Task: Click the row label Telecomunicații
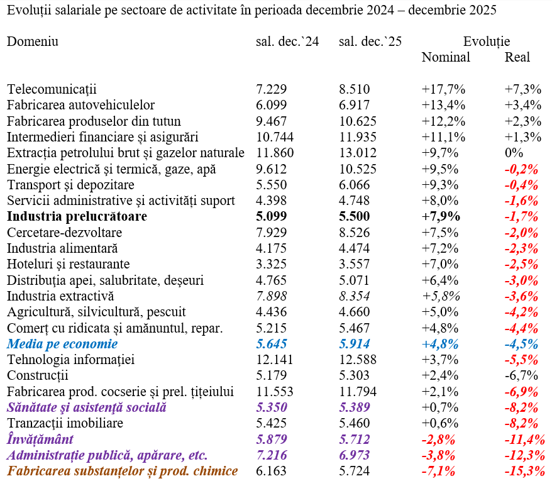[52, 89]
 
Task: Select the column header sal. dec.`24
[287, 41]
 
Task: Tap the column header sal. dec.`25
[370, 41]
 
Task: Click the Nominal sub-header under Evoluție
[446, 57]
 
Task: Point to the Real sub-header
[517, 57]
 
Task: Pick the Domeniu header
[33, 41]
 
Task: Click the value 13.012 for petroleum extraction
[358, 153]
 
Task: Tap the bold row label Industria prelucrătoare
[77, 217]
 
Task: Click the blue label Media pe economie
[62, 345]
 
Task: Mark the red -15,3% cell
[524, 472]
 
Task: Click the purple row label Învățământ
[40, 440]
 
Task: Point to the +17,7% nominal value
[443, 89]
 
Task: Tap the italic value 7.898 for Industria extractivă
[272, 296]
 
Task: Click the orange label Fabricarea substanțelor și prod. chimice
[123, 472]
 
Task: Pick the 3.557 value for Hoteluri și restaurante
[355, 265]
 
